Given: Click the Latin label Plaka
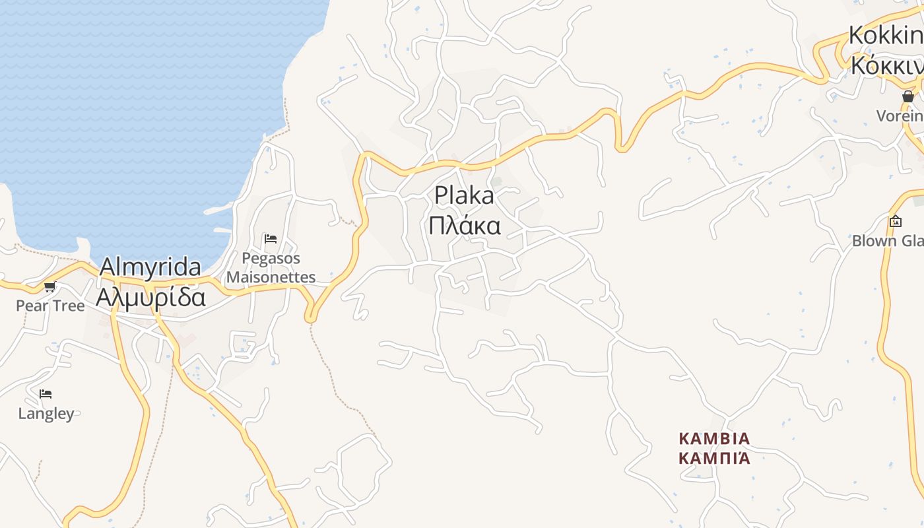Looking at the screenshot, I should tap(464, 196).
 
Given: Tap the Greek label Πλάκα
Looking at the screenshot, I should tap(464, 226).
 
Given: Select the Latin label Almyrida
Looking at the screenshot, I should tap(150, 267).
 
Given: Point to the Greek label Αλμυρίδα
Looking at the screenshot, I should tap(150, 298).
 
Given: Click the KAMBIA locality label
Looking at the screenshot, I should tap(715, 439).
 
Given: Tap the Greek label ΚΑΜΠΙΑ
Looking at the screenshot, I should tap(715, 458).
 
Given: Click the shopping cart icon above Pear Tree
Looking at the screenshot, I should tap(49, 286).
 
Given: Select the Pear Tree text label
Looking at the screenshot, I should tap(50, 306).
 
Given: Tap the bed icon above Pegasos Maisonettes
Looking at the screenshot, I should tap(270, 238).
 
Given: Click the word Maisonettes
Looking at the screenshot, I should tap(271, 277).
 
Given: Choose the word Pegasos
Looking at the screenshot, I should tap(271, 258).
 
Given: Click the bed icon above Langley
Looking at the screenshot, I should tap(45, 394).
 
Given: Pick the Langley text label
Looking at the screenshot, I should tap(46, 414).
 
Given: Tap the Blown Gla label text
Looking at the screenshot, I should tap(887, 241).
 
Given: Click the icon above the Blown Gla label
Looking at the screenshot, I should tap(896, 222).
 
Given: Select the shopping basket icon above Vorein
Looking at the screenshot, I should tap(908, 96).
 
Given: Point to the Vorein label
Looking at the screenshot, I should tap(899, 116).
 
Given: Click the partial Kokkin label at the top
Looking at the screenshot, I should tap(885, 35).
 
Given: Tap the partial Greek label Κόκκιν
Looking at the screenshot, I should tap(885, 65).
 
